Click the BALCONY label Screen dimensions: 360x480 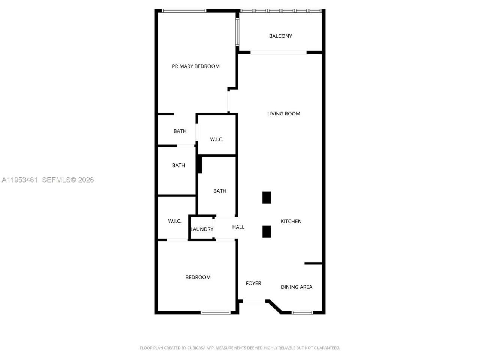[280, 36]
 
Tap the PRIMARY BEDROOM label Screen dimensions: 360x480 [195, 66]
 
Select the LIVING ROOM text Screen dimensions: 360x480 [283, 114]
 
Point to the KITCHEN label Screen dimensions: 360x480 [291, 222]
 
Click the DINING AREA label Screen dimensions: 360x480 [296, 287]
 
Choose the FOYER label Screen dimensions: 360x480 [253, 283]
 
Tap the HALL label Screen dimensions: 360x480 [238, 227]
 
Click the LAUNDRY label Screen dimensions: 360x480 [202, 229]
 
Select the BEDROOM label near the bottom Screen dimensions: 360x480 [198, 277]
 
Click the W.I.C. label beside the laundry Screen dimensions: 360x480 [174, 221]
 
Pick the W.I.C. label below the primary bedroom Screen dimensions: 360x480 [216, 139]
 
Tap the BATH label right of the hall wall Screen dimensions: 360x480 [220, 191]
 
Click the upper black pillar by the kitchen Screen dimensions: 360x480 [267, 198]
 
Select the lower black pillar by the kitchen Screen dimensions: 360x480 [267, 232]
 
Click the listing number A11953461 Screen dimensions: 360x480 [19, 180]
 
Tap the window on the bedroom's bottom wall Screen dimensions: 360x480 [216, 312]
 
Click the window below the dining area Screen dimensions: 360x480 [302, 312]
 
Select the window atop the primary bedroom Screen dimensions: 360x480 [184, 11]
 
